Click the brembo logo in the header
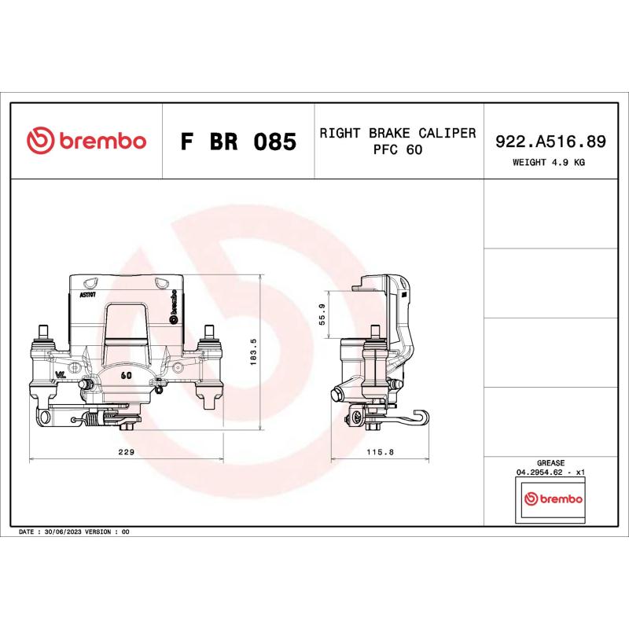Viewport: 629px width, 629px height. click(86, 142)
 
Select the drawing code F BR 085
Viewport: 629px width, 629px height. click(238, 142)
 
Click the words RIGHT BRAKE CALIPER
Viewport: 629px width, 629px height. click(398, 133)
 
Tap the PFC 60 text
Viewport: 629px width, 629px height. click(398, 150)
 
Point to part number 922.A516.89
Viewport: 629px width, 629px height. click(550, 142)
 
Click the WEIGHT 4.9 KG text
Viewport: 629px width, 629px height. click(550, 162)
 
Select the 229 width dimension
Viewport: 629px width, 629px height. click(126, 452)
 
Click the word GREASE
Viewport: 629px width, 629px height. click(550, 464)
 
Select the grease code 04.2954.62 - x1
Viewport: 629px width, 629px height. click(550, 473)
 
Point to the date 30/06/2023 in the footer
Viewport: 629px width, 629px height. click(67, 532)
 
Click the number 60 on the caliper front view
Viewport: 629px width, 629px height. click(126, 375)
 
